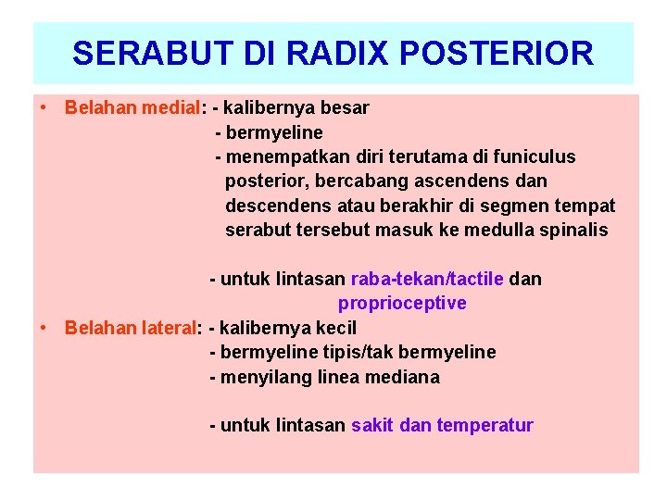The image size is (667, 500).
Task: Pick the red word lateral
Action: click(x=171, y=328)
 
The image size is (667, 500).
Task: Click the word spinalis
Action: click(x=577, y=230)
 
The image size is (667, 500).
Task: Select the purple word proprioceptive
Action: click(x=402, y=303)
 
